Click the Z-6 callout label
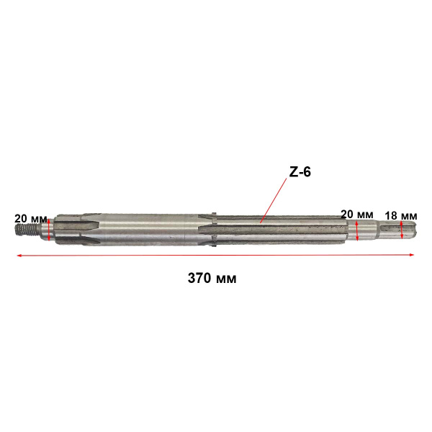(300, 172)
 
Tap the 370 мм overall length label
(212, 278)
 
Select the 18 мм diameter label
(401, 216)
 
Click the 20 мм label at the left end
(30, 219)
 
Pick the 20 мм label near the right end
(357, 214)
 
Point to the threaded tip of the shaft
(26, 229)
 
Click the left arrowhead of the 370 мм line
(19, 256)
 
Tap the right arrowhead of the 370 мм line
(411, 255)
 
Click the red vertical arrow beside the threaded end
(49, 230)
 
